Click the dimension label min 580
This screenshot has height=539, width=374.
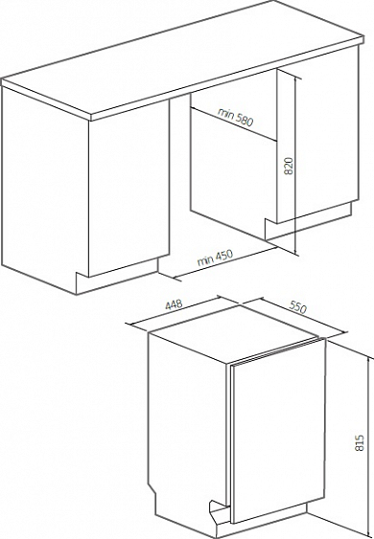(x=235, y=117)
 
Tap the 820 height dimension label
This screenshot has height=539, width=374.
(x=289, y=166)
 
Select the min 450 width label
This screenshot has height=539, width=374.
(x=215, y=258)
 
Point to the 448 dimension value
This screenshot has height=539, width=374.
(x=174, y=304)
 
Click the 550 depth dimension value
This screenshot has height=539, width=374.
(x=297, y=307)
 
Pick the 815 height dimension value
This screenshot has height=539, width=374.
(x=359, y=443)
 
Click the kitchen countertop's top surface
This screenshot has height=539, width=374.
(x=182, y=56)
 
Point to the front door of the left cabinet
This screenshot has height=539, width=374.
(x=129, y=189)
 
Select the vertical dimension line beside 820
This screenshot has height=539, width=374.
(x=295, y=166)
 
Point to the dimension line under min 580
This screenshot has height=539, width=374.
(x=233, y=124)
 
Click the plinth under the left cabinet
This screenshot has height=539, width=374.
(x=117, y=277)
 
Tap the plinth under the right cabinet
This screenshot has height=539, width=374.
(x=308, y=222)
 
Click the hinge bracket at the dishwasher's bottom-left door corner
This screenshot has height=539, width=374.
(x=218, y=511)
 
